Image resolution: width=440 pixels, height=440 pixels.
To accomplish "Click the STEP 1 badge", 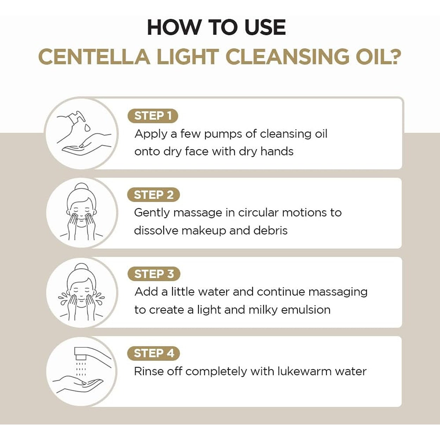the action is [152, 115].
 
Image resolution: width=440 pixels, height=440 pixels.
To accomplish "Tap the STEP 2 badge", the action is [153, 195].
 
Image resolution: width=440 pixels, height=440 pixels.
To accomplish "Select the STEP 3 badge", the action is [154, 274].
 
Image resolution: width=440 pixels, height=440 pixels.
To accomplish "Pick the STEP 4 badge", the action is [153, 353].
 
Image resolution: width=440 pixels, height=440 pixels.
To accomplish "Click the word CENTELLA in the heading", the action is [94, 57].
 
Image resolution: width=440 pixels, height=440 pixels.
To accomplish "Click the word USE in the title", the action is [265, 27].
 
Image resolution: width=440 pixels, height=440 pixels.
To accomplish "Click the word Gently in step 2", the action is [152, 213].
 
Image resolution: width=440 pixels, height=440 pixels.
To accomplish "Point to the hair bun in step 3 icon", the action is [82, 267].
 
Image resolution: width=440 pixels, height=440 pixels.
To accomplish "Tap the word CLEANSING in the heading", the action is [288, 57].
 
